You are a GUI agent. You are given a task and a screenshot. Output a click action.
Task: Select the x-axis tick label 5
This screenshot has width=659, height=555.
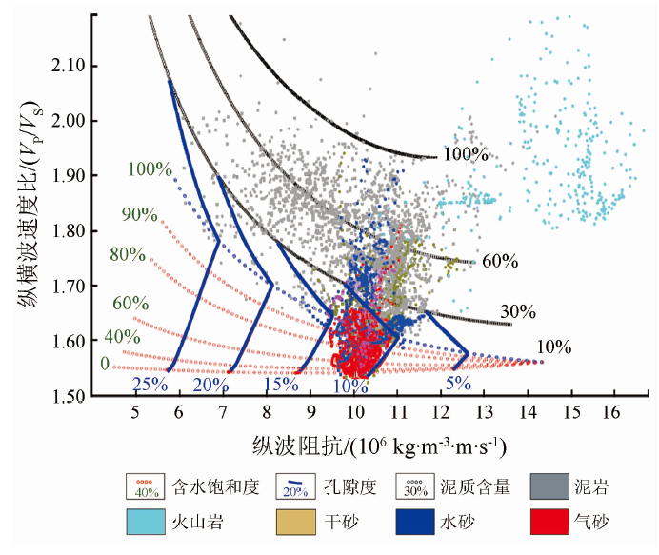pyautogui.click(x=135, y=411)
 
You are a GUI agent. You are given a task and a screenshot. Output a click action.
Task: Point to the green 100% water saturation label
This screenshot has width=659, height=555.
pyautogui.click(x=150, y=169)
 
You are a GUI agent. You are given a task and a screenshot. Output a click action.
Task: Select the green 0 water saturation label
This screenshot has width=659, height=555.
pyautogui.click(x=104, y=364)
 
